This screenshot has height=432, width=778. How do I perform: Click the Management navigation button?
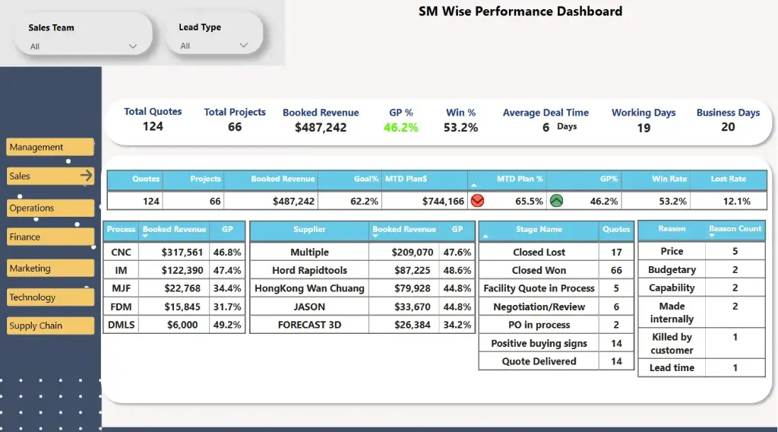pyautogui.click(x=50, y=147)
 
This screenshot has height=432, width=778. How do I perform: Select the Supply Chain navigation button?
pyautogui.click(x=50, y=326)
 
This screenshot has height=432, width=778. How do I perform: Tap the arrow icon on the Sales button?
pyautogui.click(x=86, y=176)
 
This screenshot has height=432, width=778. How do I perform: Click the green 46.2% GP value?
pyautogui.click(x=400, y=128)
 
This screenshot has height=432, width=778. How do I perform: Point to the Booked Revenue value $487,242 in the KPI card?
pyautogui.click(x=321, y=128)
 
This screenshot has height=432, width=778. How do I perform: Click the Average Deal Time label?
pyautogui.click(x=546, y=113)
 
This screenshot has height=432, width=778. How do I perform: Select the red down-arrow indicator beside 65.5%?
pyautogui.click(x=478, y=202)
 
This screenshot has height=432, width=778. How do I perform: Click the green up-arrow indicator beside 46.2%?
pyautogui.click(x=557, y=202)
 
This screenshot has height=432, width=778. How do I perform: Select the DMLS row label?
pyautogui.click(x=121, y=325)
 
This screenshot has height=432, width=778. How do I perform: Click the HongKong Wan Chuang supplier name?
pyautogui.click(x=309, y=288)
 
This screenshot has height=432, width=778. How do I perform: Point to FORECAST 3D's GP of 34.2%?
pyautogui.click(x=457, y=325)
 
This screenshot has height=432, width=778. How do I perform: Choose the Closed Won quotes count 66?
pyautogui.click(x=616, y=270)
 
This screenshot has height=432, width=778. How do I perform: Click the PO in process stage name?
pyautogui.click(x=539, y=325)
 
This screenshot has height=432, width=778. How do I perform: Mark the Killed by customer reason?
pyautogui.click(x=672, y=343)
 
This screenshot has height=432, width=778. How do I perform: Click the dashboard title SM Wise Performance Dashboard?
pyautogui.click(x=520, y=11)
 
